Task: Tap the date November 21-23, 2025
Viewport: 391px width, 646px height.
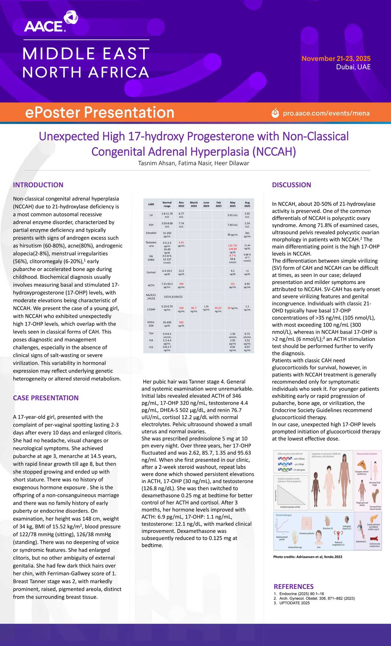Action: pos(336,58)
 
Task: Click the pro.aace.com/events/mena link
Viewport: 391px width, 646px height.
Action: pos(326,113)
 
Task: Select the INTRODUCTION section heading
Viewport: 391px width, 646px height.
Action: pos(38,185)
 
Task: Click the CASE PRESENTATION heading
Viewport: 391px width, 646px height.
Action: pos(46,398)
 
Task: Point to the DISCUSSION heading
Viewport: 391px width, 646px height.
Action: pos(291,185)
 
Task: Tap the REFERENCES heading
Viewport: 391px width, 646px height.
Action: pos(293,586)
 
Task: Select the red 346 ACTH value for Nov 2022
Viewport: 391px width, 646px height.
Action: pos(181,284)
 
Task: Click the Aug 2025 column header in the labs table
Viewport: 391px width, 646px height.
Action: pos(247,204)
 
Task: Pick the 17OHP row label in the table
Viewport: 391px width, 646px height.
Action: pos(151,309)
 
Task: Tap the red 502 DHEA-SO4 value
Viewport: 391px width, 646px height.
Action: pos(181,322)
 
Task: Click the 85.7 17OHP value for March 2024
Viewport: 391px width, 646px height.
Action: pos(194,308)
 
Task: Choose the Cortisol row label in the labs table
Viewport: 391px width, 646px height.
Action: pos(151,272)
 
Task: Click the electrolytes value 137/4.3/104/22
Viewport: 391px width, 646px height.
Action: pos(173,297)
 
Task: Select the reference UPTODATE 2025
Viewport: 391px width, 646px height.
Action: pos(294,603)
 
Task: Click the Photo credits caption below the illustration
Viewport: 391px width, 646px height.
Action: pos(307,557)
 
